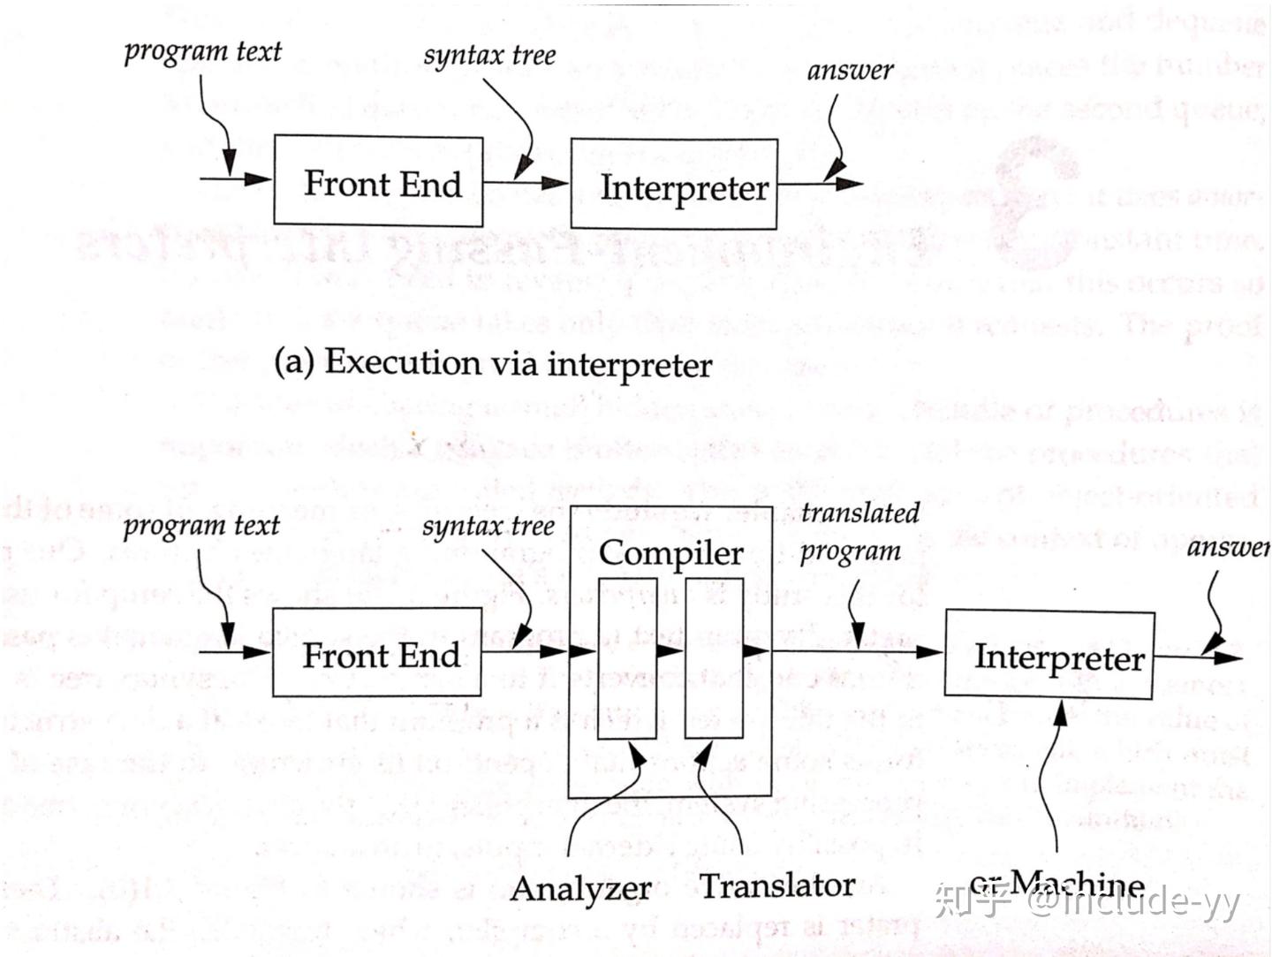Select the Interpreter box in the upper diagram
tap(674, 185)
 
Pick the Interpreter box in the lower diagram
tap(1049, 656)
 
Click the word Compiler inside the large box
tap(670, 552)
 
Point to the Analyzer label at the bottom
tap(580, 887)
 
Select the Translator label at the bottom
tap(777, 885)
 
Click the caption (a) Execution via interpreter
tap(493, 363)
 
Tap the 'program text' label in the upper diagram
tap(202, 51)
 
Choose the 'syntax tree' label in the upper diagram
tap(489, 56)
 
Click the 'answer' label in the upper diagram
tap(850, 71)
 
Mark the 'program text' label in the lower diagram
tap(201, 526)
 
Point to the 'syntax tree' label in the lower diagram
tap(488, 527)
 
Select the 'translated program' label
tap(857, 532)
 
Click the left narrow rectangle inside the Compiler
tap(627, 658)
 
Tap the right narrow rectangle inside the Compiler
tap(714, 658)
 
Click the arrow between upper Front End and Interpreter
tap(526, 183)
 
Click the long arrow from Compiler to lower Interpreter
tap(857, 652)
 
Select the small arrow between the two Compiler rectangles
tap(670, 651)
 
